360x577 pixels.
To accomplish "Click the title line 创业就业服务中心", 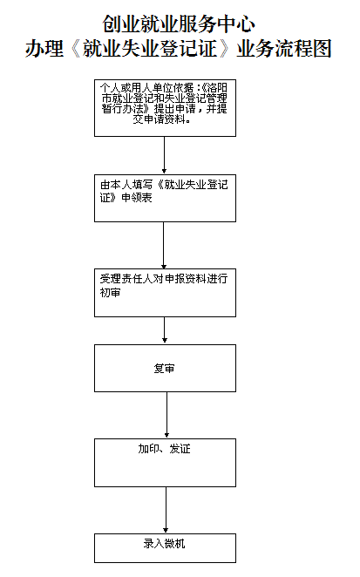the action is (x=179, y=24).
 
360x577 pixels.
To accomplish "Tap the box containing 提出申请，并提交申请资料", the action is (x=165, y=108).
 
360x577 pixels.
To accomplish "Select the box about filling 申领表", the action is (x=165, y=198).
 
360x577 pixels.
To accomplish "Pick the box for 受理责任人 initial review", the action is (x=165, y=293).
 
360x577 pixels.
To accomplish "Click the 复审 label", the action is (x=164, y=369).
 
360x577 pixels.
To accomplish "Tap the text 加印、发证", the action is (x=164, y=449).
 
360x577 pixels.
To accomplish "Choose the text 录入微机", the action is (x=164, y=544).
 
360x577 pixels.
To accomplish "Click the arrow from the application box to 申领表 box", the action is (x=164, y=155).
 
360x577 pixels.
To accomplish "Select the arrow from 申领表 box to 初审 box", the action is (x=164, y=245).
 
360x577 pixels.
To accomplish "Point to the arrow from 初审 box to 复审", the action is (x=165, y=330).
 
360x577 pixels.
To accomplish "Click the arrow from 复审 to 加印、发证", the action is (x=166, y=415).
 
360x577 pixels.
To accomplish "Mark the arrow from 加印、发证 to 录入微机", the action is (x=166, y=510).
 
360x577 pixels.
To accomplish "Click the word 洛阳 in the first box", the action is (x=217, y=87).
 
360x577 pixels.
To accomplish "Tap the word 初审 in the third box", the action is (x=110, y=293).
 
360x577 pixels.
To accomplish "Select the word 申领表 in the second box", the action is (x=137, y=198).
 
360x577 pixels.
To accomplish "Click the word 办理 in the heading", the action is (x=44, y=49).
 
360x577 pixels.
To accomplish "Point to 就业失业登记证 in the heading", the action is (x=150, y=49).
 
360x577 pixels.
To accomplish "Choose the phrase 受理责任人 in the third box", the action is (x=126, y=279).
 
